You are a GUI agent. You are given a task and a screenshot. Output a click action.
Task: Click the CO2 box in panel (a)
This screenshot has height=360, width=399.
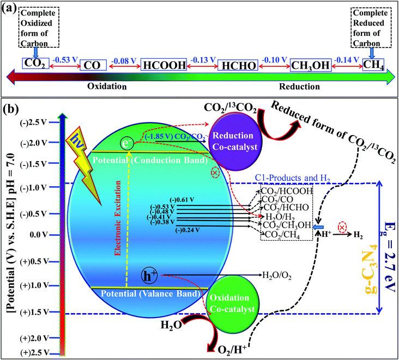[x=32, y=64]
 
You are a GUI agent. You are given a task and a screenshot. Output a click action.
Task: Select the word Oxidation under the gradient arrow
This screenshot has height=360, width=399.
[x=107, y=87]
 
